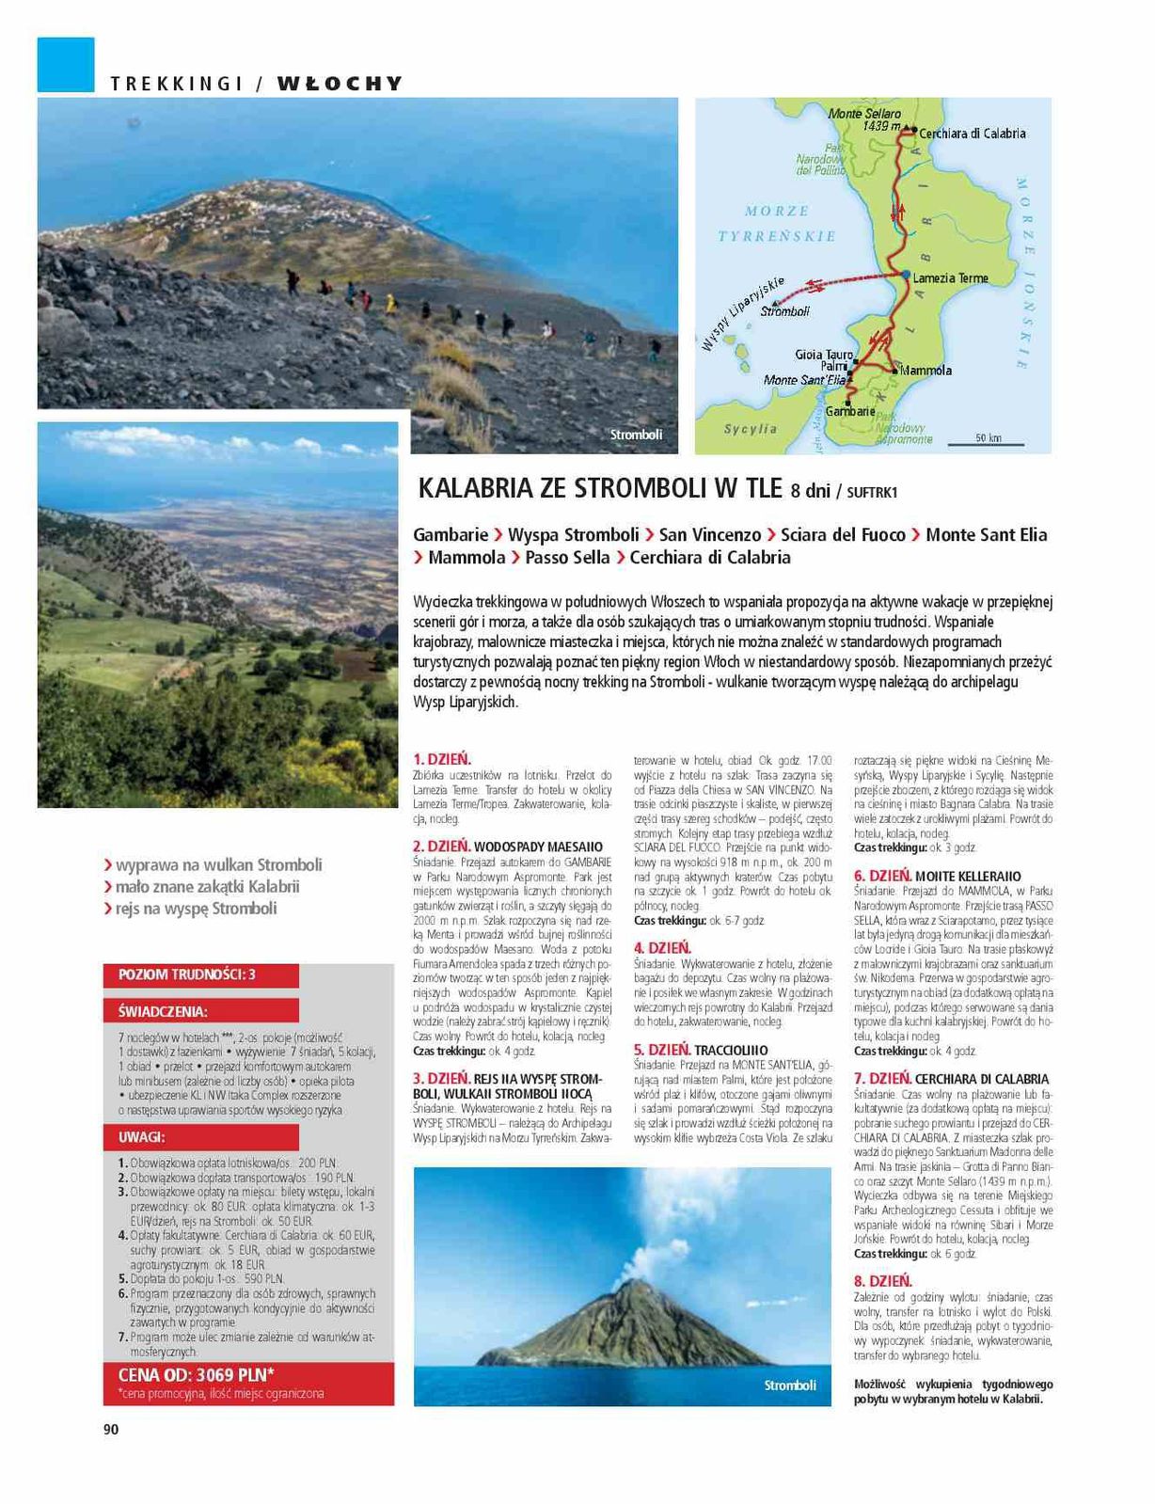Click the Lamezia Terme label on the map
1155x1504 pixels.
(x=950, y=278)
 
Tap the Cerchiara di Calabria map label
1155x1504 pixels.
(x=972, y=134)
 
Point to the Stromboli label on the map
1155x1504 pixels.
(x=784, y=311)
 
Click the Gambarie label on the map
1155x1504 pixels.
(x=849, y=411)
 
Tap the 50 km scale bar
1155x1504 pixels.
(x=988, y=439)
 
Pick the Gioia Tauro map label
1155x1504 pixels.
(x=824, y=355)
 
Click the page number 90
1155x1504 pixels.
(x=111, y=1430)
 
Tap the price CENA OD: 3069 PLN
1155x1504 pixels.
(x=197, y=1375)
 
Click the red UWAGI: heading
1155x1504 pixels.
(x=142, y=1137)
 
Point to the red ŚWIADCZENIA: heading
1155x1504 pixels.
(x=163, y=1012)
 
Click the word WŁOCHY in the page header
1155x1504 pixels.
(x=340, y=84)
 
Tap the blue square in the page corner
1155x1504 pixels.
(x=66, y=65)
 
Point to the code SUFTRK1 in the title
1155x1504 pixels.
(x=872, y=491)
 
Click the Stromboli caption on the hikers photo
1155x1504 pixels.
(x=636, y=435)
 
